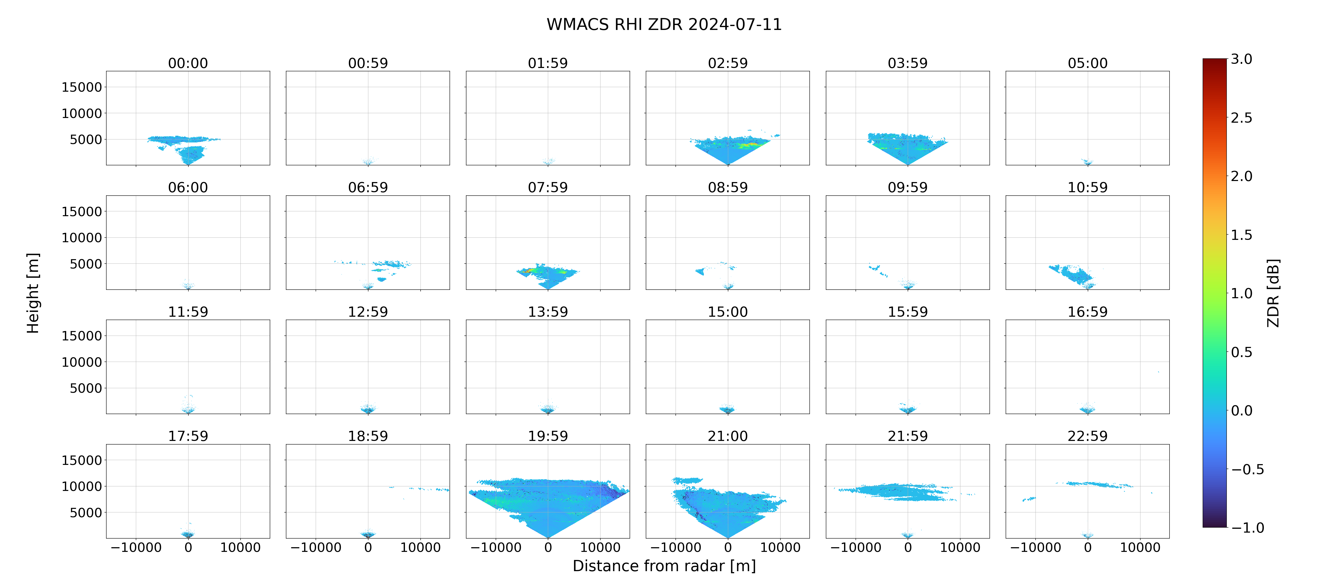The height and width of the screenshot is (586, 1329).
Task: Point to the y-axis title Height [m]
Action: pos(33,293)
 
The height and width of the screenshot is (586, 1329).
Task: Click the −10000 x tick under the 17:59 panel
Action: pos(136,547)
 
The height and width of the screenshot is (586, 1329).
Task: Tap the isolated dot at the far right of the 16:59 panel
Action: pos(1158,371)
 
